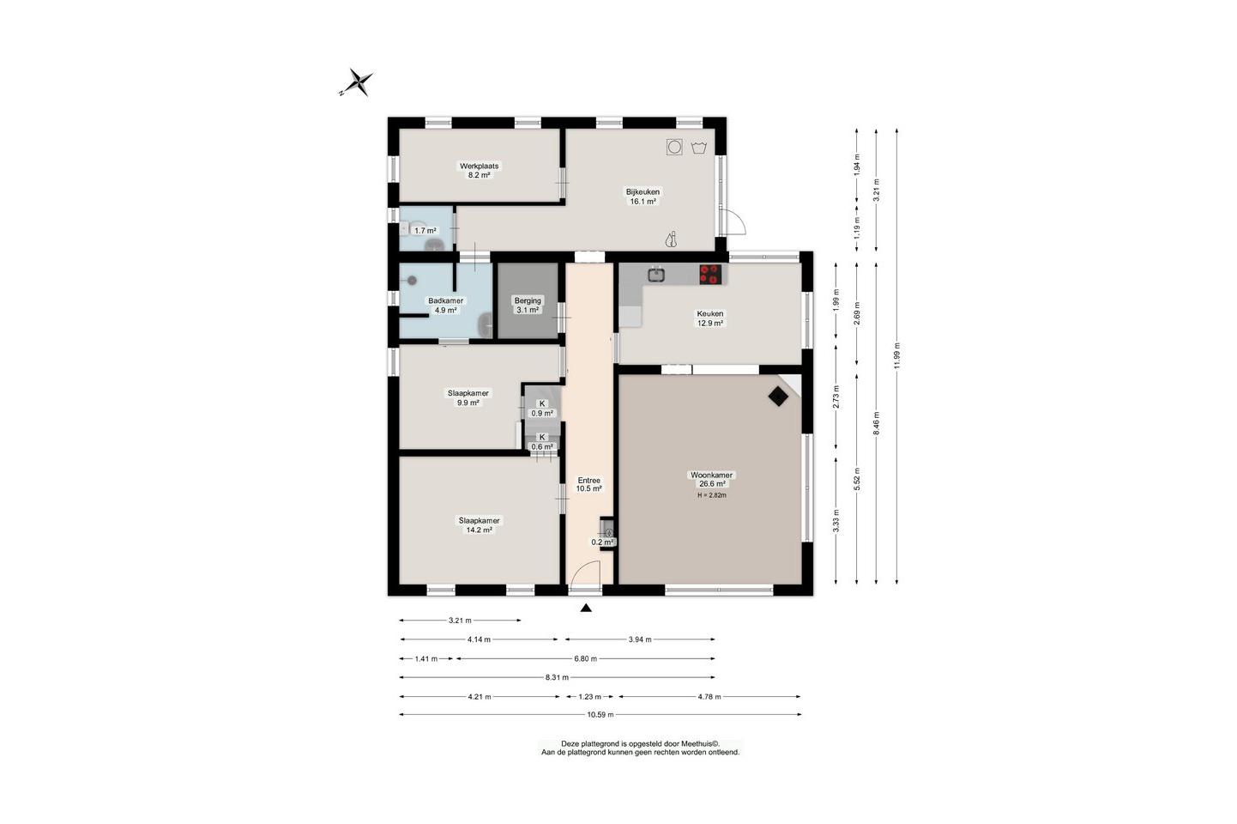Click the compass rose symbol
[x=357, y=83]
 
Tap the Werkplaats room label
[x=480, y=166]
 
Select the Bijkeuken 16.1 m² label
[x=643, y=197]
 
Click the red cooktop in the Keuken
[x=711, y=275]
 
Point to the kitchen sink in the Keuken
[x=656, y=274]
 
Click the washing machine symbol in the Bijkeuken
[x=674, y=147]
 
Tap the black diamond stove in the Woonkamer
[x=778, y=396]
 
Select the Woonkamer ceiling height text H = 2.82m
[x=712, y=495]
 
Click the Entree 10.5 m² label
[x=588, y=485]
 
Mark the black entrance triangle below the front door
[x=586, y=608]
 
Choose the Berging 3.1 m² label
[x=528, y=305]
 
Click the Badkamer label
[x=446, y=300]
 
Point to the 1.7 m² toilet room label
[x=425, y=231]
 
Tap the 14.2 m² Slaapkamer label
[x=480, y=525]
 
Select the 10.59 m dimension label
[x=600, y=715]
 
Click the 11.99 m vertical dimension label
[x=896, y=356]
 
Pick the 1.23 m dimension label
[x=586, y=696]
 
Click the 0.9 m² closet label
[x=542, y=413]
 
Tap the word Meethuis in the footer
[x=698, y=744]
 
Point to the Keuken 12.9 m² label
[x=710, y=318]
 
